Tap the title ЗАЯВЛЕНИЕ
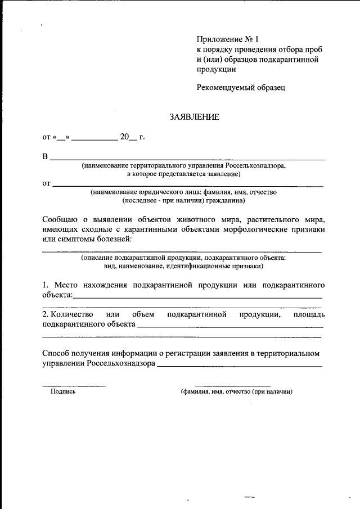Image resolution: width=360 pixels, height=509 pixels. [x=194, y=117]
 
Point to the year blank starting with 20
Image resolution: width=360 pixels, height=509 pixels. [x=128, y=137]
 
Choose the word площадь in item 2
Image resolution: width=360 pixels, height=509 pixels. [x=309, y=314]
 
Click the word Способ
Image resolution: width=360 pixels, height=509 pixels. [x=58, y=353]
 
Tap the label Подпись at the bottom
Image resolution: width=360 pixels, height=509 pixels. [x=63, y=392]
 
